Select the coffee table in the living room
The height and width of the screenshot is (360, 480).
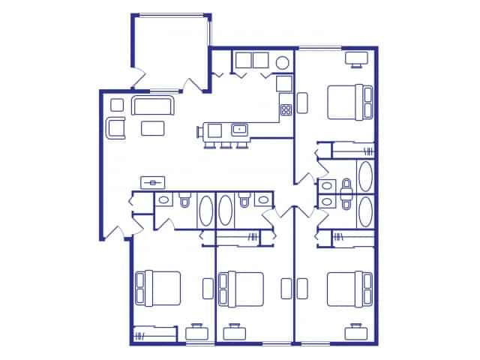pos(154,128)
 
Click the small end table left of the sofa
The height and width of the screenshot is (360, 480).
pos(116,104)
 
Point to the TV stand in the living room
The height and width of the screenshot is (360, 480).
pos(154,182)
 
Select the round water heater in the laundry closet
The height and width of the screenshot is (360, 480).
pos(283,62)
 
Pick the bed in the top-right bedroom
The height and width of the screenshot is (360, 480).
pos(349,103)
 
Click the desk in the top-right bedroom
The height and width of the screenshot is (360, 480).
pos(355,57)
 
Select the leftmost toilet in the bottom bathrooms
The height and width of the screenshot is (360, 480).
pos(185,200)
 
